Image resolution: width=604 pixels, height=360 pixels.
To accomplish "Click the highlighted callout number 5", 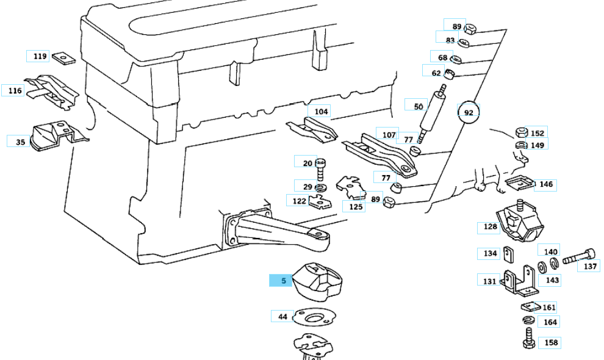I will point(283,281).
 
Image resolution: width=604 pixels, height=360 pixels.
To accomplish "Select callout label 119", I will point(40,56).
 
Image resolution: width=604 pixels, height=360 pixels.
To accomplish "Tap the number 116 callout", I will point(15,90).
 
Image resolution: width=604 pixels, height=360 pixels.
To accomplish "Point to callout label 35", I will point(20,142).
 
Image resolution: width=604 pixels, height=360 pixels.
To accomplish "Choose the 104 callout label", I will point(322,112).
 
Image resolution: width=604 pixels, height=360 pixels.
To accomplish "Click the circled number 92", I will point(469,113).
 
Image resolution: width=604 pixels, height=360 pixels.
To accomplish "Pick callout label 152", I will point(537,133).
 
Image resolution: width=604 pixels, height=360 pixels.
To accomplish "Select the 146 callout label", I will point(546,184).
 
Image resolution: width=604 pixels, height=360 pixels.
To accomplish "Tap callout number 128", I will point(490,227).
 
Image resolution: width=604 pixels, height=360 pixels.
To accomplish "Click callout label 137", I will point(590,266).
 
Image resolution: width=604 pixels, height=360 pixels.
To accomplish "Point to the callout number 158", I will point(550,342).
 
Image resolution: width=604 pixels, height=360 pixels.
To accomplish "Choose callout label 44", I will point(282,316).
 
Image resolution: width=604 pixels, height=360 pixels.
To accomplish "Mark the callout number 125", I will point(356,206).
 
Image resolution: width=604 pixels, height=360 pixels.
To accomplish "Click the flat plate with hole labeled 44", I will point(315,317).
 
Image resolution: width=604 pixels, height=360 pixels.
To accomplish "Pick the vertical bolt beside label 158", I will point(528,337).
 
